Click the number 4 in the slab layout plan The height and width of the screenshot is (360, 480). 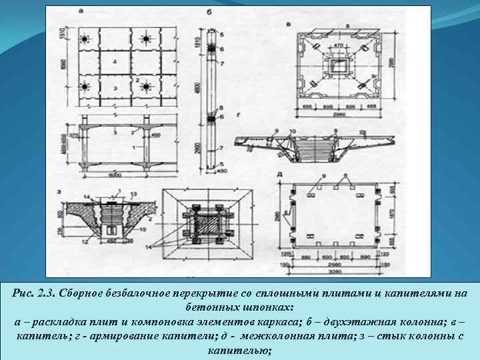[115, 61]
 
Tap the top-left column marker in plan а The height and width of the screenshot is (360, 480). [85, 39]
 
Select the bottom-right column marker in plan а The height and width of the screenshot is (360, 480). [147, 87]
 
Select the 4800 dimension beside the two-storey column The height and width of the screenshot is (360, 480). [199, 87]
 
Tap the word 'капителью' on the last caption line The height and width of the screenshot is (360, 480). [239, 349]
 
